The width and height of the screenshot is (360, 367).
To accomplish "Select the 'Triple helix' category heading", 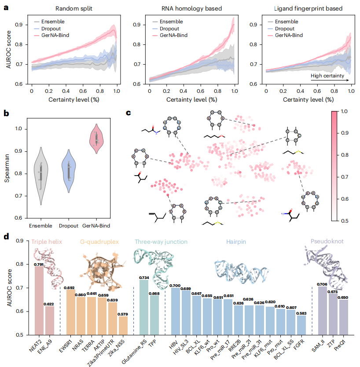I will [47, 242].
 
